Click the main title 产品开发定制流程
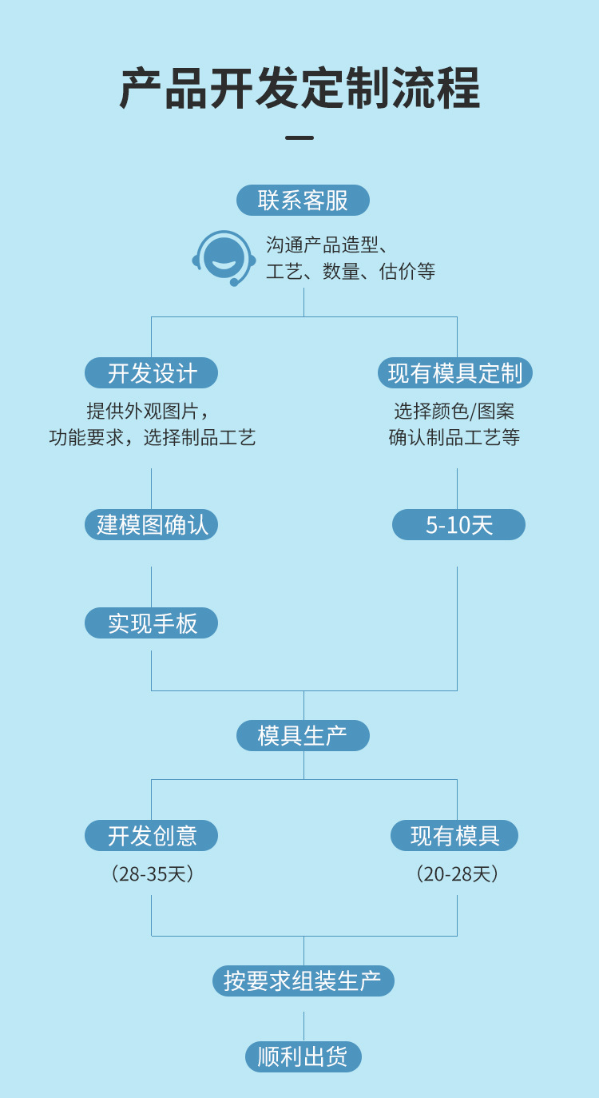[x=299, y=88]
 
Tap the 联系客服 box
[x=303, y=200]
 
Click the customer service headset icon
[x=224, y=257]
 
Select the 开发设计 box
[x=152, y=373]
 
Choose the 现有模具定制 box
[x=455, y=373]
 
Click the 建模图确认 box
[x=152, y=525]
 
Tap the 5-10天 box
[x=458, y=525]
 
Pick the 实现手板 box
[x=152, y=623]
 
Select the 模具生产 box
[x=303, y=735]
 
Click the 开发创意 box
[x=152, y=836]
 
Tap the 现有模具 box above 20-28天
[x=454, y=836]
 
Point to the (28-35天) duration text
[x=152, y=873]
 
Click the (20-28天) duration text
[x=457, y=873]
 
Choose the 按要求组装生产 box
[x=303, y=981]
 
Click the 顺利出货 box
[x=303, y=1056]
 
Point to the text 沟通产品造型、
[x=327, y=245]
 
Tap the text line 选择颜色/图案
[x=454, y=412]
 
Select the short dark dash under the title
[x=299, y=137]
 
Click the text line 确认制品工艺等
[x=454, y=438]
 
